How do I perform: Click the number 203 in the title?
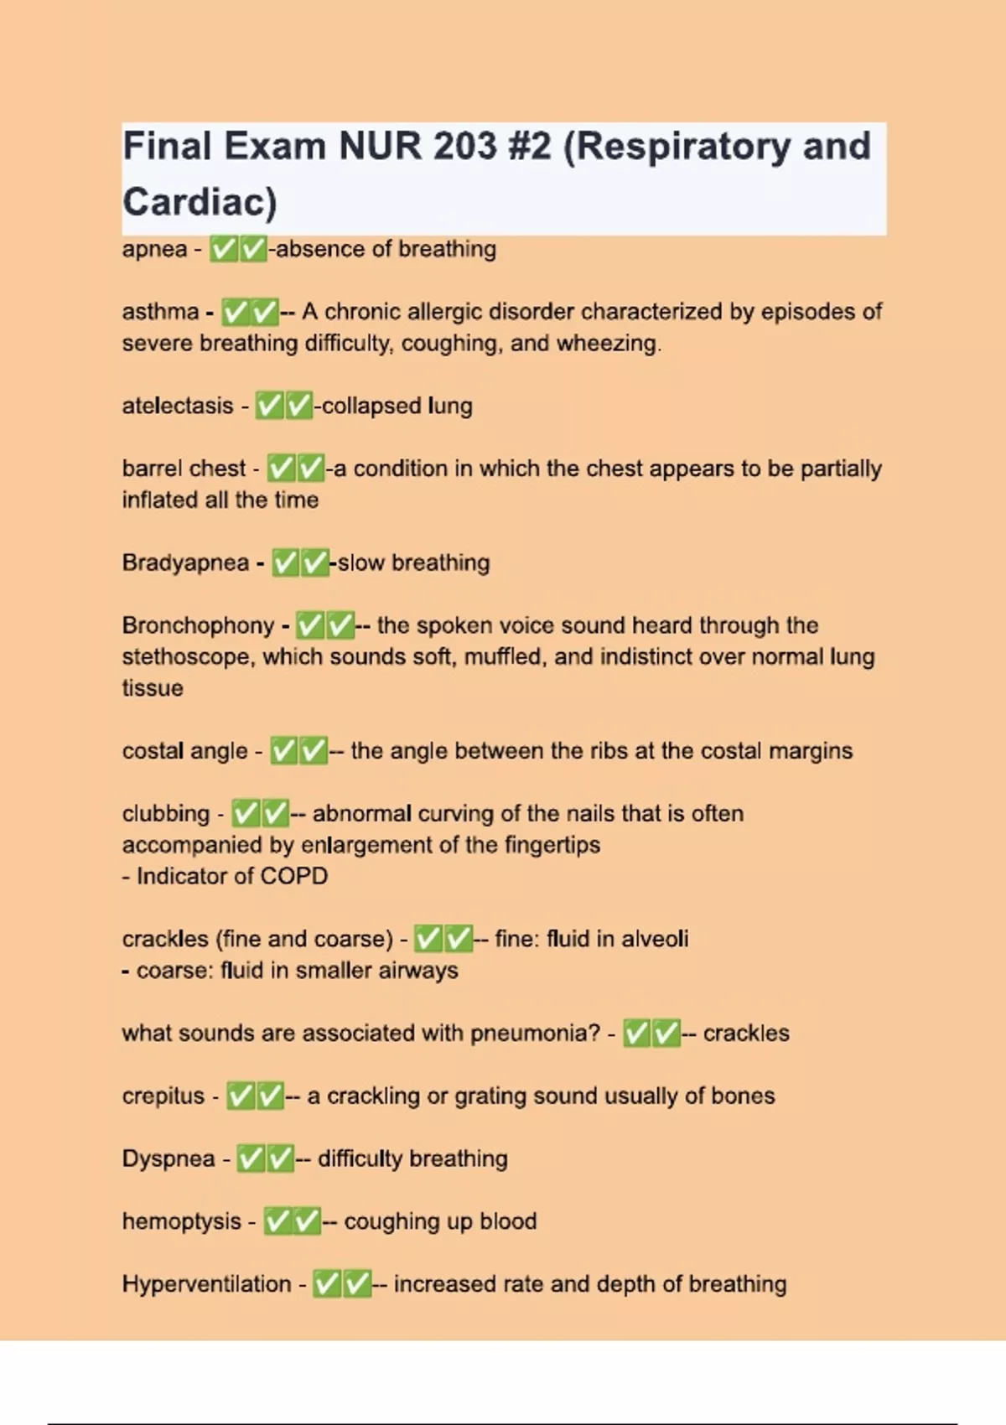point(464,147)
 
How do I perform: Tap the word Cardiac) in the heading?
point(200,202)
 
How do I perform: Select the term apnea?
point(154,250)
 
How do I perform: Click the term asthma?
point(160,312)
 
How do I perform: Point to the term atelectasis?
point(178,406)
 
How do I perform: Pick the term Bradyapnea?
point(185,562)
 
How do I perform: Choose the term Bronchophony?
point(198,625)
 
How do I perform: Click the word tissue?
point(153,688)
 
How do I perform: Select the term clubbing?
point(166,813)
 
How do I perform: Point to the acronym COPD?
point(294,876)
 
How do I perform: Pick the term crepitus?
point(163,1096)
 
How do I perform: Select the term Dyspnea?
point(169,1158)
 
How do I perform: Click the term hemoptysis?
point(181,1221)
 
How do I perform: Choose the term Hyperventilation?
point(206,1284)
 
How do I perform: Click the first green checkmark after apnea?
point(223,249)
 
